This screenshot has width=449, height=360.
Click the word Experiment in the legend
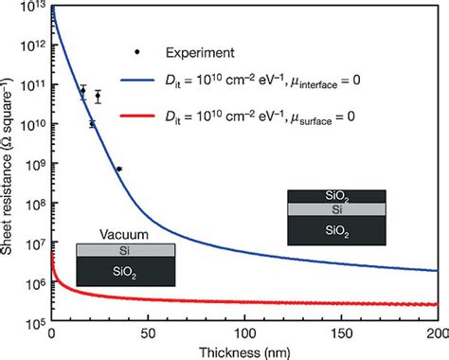(x=200, y=53)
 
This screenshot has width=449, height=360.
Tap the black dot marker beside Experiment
(x=137, y=52)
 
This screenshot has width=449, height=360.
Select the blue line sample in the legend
(x=137, y=81)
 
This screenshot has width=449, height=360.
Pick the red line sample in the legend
(x=137, y=116)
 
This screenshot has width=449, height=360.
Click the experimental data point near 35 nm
(x=119, y=169)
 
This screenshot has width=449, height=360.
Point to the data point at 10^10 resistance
(x=92, y=124)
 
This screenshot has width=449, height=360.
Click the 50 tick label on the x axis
(x=148, y=334)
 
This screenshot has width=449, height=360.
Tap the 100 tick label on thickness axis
(x=245, y=334)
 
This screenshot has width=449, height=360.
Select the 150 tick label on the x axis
(x=342, y=334)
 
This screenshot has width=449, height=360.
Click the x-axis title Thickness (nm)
(x=244, y=352)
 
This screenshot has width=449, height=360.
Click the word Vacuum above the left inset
(x=124, y=235)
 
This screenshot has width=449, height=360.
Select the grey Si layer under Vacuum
(x=126, y=250)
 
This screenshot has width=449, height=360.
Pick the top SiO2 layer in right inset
(x=336, y=196)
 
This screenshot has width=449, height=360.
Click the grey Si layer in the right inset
(x=336, y=209)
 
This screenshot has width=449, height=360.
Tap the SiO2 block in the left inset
(x=126, y=272)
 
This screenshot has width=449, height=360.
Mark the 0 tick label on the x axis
(x=51, y=334)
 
